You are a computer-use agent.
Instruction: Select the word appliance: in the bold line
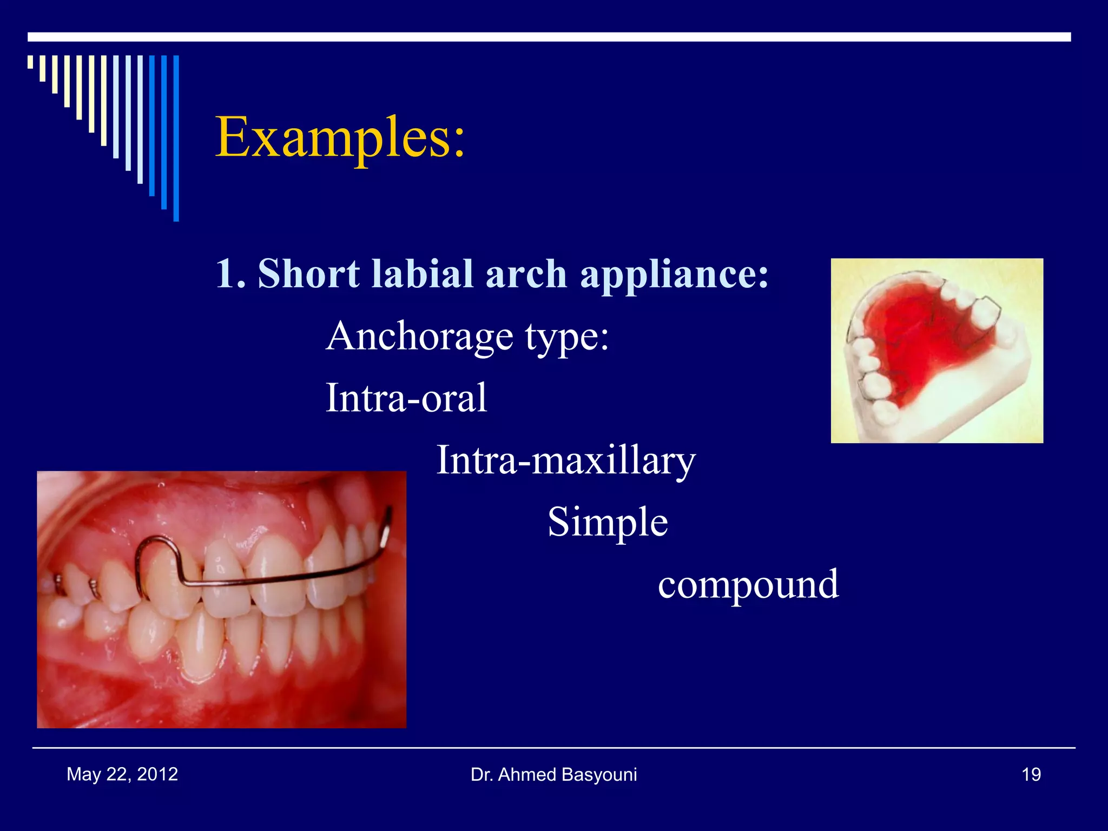coord(674,274)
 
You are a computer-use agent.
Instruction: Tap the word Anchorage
coord(420,336)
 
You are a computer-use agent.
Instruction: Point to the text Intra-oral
coord(406,398)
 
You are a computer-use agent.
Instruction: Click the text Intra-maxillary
coord(565,460)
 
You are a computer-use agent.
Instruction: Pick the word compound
coord(748,584)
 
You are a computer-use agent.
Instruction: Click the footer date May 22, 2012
coord(122,774)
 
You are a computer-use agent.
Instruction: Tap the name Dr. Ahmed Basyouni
coord(553,775)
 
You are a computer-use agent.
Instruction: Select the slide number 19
coord(1031,775)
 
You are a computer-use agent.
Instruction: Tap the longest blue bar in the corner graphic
coord(176,138)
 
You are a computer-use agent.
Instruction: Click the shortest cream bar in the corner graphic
coord(30,62)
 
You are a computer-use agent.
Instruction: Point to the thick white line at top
coord(549,37)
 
